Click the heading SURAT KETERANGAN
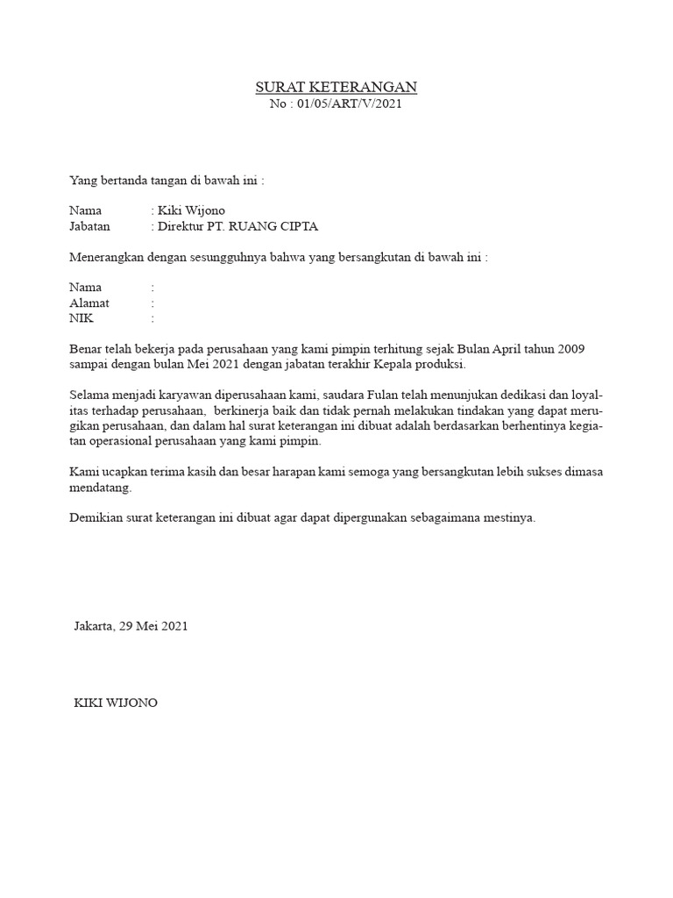tap(336, 87)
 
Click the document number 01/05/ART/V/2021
tap(349, 104)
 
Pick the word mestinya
tap(506, 517)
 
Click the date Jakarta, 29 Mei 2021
tap(131, 626)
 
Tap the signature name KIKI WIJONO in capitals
tap(116, 703)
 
